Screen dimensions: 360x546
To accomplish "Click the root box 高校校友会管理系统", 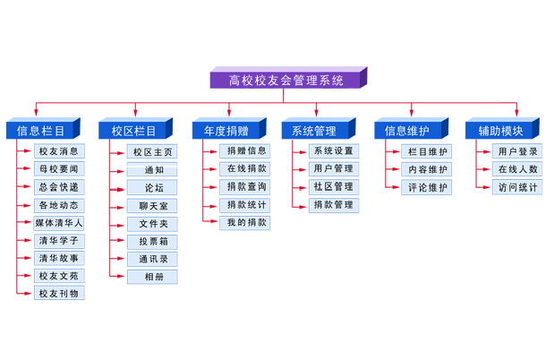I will [286, 80].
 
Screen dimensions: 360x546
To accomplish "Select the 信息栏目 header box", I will [39, 131].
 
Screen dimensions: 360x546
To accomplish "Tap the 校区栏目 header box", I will [133, 131].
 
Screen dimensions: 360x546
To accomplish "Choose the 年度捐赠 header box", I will [225, 131].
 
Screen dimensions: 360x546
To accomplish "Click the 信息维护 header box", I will [406, 131].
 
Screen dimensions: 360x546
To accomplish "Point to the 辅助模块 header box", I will [499, 131].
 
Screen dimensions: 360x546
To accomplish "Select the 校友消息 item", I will [59, 151].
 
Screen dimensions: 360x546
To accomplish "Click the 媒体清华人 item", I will [59, 223].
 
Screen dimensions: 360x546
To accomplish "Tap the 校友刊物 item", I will [59, 294].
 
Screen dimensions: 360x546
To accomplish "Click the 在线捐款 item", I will [245, 168].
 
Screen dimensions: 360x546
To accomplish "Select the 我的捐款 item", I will [245, 222].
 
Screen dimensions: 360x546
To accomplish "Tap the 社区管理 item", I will [333, 186].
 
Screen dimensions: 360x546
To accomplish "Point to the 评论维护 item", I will [428, 187].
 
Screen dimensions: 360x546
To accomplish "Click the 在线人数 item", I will [518, 169].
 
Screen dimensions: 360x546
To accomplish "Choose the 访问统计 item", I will [518, 187].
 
